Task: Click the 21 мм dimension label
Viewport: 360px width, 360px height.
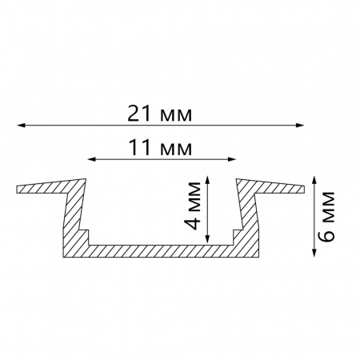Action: (159, 114)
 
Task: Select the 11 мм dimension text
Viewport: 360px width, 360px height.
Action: (160, 148)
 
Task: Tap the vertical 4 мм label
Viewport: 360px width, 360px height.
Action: (194, 206)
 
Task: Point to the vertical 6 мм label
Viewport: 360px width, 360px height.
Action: (327, 216)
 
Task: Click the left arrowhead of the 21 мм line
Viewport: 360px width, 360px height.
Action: (21, 125)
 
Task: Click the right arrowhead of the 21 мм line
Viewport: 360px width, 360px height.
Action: (300, 125)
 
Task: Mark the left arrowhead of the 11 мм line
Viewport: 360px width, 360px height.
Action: (92, 159)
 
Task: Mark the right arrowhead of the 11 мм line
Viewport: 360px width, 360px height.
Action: (232, 159)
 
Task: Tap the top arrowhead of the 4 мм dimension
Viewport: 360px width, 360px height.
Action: (208, 180)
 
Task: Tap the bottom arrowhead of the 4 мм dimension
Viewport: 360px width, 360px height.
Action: (208, 239)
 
